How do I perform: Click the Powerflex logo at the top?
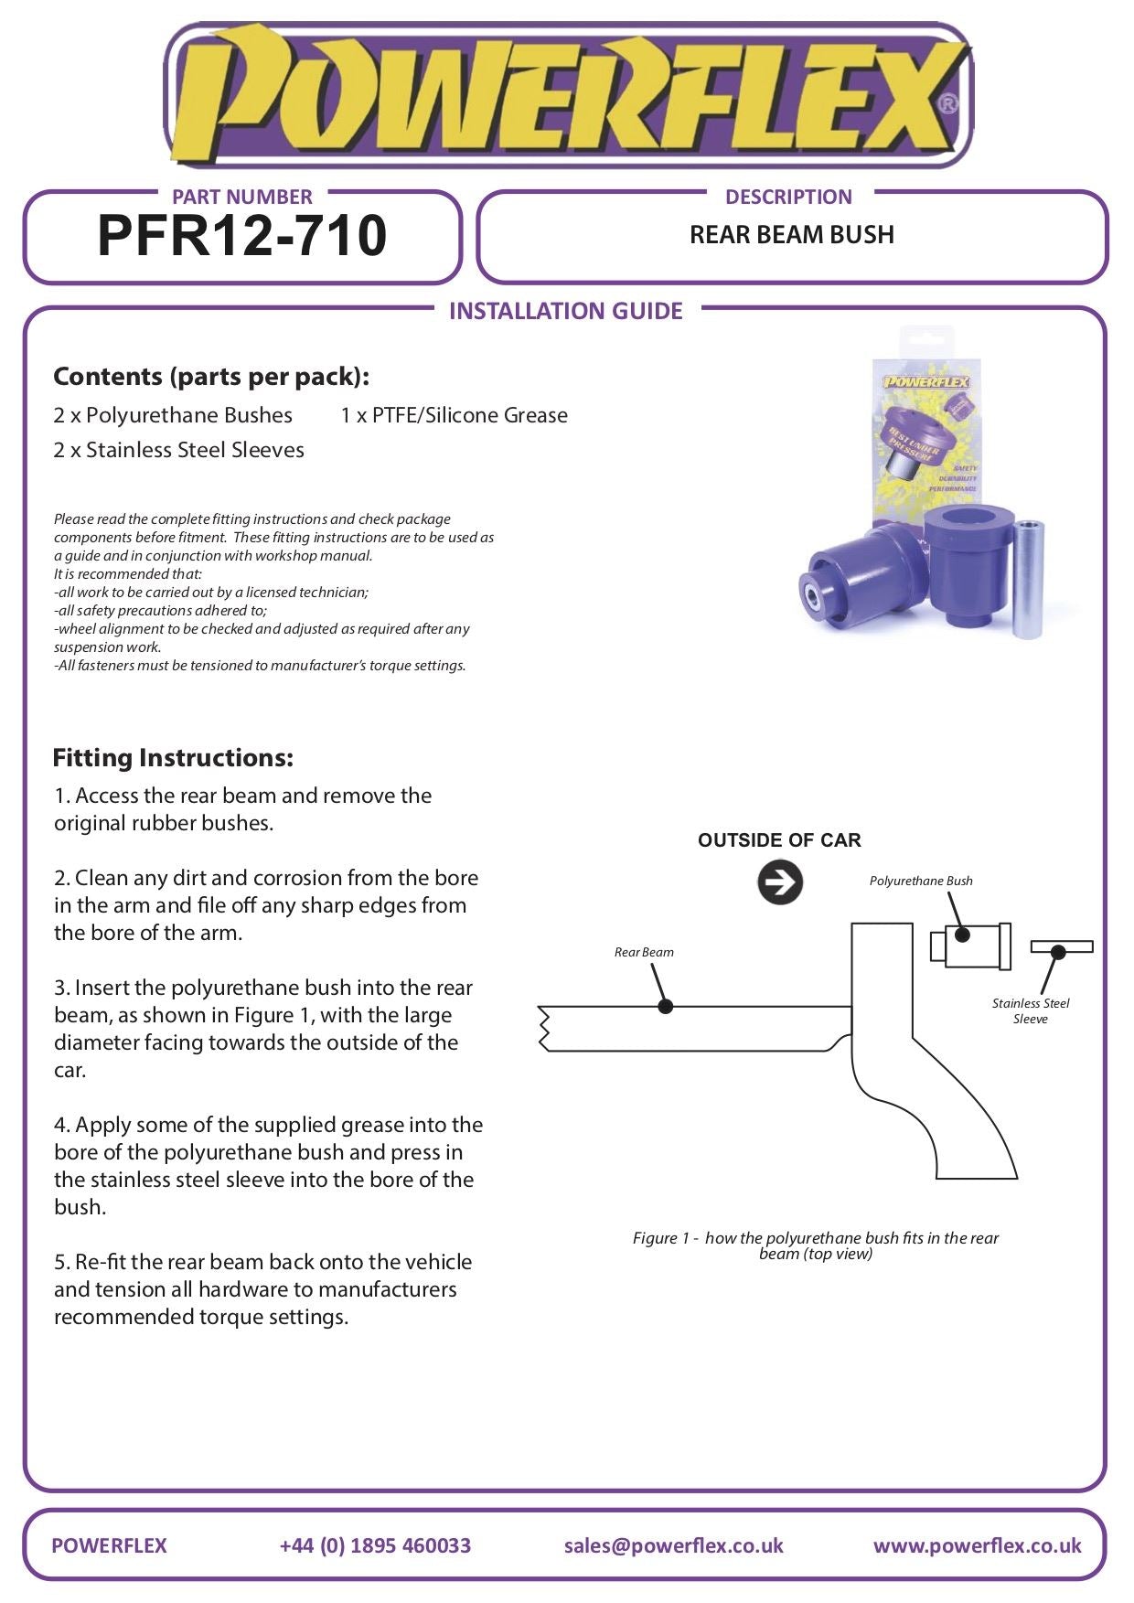tap(567, 96)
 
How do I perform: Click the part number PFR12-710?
tap(242, 236)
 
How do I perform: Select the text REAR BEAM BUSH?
tap(791, 235)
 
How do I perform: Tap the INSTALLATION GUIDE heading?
tap(565, 311)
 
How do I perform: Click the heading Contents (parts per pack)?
tap(211, 377)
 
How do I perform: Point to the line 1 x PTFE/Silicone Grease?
tap(454, 415)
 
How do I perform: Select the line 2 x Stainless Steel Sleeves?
tap(178, 450)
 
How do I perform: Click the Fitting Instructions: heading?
tap(173, 758)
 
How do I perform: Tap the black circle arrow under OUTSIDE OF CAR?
tap(779, 883)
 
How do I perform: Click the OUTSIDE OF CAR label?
tap(779, 840)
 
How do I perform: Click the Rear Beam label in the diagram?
tap(644, 952)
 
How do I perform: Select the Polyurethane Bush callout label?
tap(920, 881)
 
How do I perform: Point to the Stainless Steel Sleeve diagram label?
tap(1030, 1010)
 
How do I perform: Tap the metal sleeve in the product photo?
tap(1029, 580)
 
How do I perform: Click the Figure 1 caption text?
tap(815, 1245)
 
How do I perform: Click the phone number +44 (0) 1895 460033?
tap(375, 1545)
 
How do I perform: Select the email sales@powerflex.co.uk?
tap(673, 1545)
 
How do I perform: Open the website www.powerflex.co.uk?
tap(977, 1545)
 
